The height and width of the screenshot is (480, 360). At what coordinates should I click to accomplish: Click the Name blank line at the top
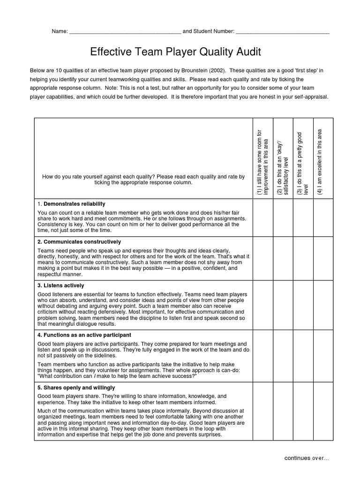pyautogui.click(x=125, y=32)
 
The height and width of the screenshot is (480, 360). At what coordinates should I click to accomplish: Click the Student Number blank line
pyautogui.click(x=282, y=32)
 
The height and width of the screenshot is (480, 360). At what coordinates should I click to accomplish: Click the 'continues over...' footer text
pyautogui.click(x=307, y=458)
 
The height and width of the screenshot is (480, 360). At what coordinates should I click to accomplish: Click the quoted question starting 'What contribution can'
pyautogui.click(x=117, y=376)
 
